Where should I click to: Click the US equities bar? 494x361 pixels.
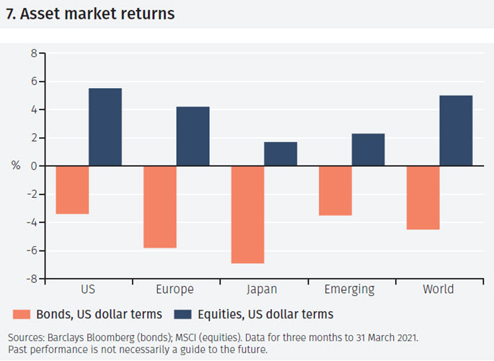(105, 127)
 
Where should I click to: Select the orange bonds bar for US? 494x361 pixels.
(72, 190)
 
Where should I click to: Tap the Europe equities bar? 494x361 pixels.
(193, 136)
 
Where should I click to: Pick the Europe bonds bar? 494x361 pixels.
(159, 207)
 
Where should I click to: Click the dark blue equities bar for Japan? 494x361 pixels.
(281, 154)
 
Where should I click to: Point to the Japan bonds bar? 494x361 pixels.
(247, 214)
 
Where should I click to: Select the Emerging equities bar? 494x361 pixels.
(368, 149)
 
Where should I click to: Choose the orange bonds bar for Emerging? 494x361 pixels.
(335, 191)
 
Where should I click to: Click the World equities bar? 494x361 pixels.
(456, 131)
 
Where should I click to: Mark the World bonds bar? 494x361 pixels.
(423, 198)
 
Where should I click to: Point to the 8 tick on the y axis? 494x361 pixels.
(32, 53)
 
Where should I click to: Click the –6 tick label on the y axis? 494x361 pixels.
(30, 251)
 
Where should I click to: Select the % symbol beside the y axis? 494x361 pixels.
(16, 166)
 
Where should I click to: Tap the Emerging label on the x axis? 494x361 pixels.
(350, 290)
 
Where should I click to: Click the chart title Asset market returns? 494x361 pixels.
(90, 14)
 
